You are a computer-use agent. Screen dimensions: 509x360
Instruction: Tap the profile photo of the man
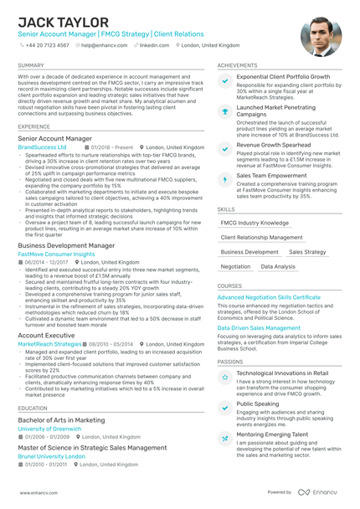tap(321, 36)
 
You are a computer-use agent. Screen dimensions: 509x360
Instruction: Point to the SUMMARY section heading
tap(31, 64)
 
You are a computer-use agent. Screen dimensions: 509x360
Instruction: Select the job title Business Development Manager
tap(66, 245)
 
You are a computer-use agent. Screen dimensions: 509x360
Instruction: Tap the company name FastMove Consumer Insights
tap(56, 254)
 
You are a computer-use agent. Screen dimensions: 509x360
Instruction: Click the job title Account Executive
tap(46, 335)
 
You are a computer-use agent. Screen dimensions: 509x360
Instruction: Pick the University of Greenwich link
tap(50, 429)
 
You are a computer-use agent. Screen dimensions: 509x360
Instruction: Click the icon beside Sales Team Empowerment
tap(224, 179)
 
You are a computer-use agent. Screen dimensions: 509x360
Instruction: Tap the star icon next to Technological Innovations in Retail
tap(224, 378)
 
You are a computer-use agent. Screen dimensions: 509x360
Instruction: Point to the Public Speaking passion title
tap(258, 404)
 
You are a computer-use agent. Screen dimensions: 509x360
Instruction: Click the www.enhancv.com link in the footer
tap(37, 492)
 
